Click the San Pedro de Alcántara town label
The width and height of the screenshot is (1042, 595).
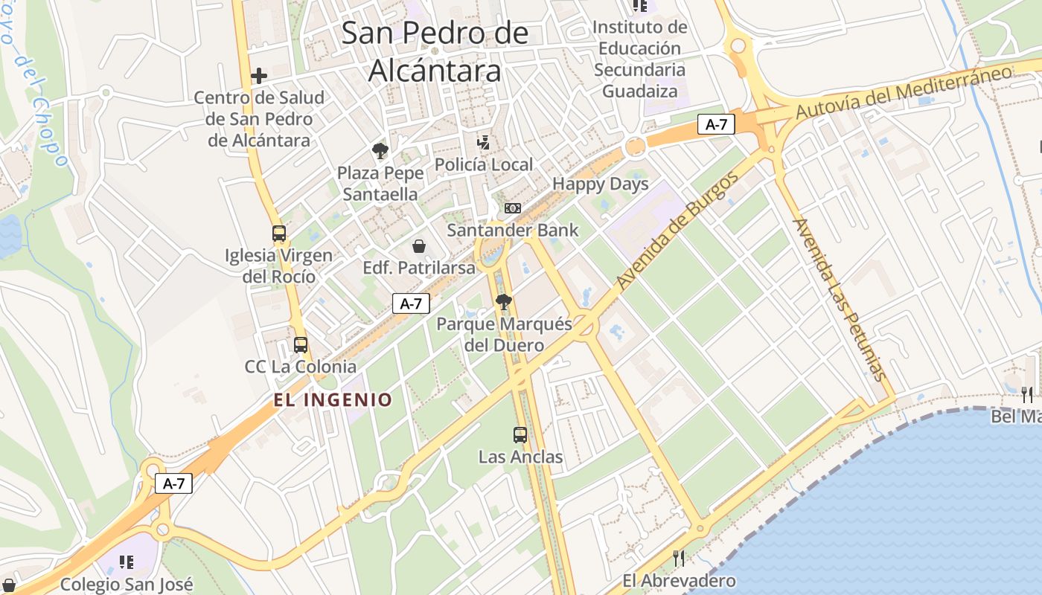coord(435,52)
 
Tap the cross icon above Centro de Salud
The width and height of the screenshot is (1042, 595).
coord(259,76)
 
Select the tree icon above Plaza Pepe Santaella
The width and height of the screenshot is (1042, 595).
coord(380,151)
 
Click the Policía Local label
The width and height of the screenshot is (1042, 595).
coord(484,164)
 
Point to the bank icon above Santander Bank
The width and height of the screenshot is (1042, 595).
coord(513,208)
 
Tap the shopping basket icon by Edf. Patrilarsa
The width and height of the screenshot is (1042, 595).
coord(419,246)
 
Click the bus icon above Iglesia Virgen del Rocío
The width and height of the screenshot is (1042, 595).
coord(279,234)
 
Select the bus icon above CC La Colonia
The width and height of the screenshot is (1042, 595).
coord(301,345)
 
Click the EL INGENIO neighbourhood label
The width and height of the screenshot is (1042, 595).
coord(333,400)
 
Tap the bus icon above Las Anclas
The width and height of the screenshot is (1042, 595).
coord(520,435)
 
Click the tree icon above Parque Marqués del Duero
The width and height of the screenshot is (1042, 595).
coord(504,302)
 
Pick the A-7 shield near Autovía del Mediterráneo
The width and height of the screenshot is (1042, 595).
coord(716,124)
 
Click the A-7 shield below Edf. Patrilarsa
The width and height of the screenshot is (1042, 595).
coord(411,303)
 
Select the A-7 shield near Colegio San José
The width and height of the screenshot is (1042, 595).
coord(174,483)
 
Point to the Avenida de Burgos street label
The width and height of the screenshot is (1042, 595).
coord(678,231)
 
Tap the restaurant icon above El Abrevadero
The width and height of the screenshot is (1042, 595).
coord(678,559)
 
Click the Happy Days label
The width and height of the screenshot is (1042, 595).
coord(601,184)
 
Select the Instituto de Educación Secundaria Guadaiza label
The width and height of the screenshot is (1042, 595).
coord(640,59)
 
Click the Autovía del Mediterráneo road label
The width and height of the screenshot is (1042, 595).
coord(904,91)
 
